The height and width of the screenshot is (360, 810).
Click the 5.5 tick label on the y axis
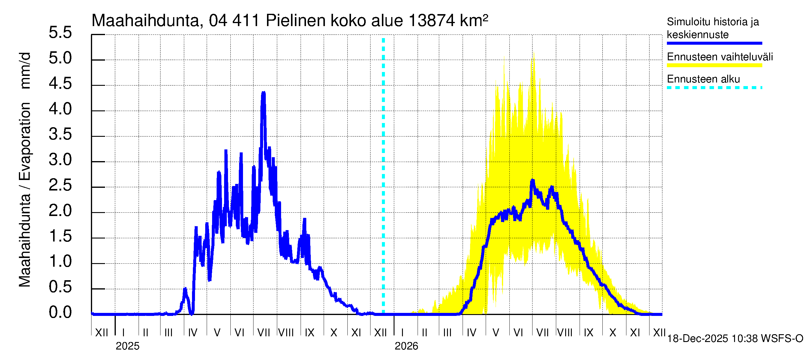(60, 33)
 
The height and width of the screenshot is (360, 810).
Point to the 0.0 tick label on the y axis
(60, 313)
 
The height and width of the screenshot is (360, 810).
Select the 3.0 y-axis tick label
(60, 160)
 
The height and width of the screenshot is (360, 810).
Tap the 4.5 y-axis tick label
(60, 84)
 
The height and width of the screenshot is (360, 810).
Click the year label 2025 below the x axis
(127, 346)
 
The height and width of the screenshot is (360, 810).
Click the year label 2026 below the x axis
(406, 346)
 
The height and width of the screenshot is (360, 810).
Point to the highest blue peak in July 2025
(263, 92)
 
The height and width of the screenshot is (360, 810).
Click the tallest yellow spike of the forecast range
(534, 53)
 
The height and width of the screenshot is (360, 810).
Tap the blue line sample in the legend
(714, 43)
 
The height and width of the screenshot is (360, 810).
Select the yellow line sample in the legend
(714, 65)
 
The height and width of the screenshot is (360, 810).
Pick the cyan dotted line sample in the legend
(714, 88)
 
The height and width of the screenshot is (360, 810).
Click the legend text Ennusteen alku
(703, 79)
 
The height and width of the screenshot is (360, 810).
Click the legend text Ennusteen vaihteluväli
(720, 57)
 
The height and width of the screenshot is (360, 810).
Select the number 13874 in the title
(432, 21)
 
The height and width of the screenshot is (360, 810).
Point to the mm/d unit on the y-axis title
(25, 71)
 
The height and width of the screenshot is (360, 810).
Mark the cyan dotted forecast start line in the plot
(383, 176)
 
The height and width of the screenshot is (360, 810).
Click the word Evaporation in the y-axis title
(25, 142)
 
